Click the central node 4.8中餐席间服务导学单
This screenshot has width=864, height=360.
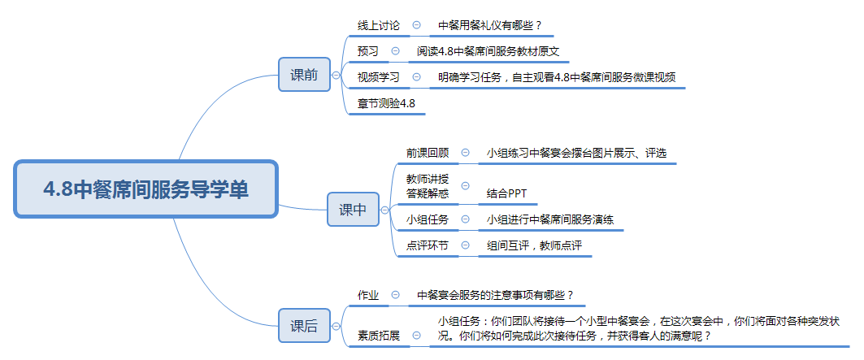146,189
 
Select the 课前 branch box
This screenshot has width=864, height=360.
304,75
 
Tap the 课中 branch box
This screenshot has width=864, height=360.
353,210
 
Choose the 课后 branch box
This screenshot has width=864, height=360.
304,327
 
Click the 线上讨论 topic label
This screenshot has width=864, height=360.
379,25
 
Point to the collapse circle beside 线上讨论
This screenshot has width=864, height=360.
417,25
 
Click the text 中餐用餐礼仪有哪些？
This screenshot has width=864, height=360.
490,25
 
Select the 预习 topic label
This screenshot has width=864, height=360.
368,51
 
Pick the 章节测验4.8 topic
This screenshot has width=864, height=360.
387,103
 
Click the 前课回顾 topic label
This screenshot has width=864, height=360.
427,152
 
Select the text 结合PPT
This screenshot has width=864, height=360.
508,193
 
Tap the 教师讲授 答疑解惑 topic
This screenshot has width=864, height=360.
427,186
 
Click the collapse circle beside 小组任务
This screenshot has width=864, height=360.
465,219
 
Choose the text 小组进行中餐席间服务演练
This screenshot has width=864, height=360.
550,219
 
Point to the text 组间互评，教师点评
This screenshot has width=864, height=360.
534,245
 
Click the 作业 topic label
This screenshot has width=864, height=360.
368,294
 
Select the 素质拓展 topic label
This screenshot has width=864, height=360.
379,335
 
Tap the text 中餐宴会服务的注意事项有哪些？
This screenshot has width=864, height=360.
495,294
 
